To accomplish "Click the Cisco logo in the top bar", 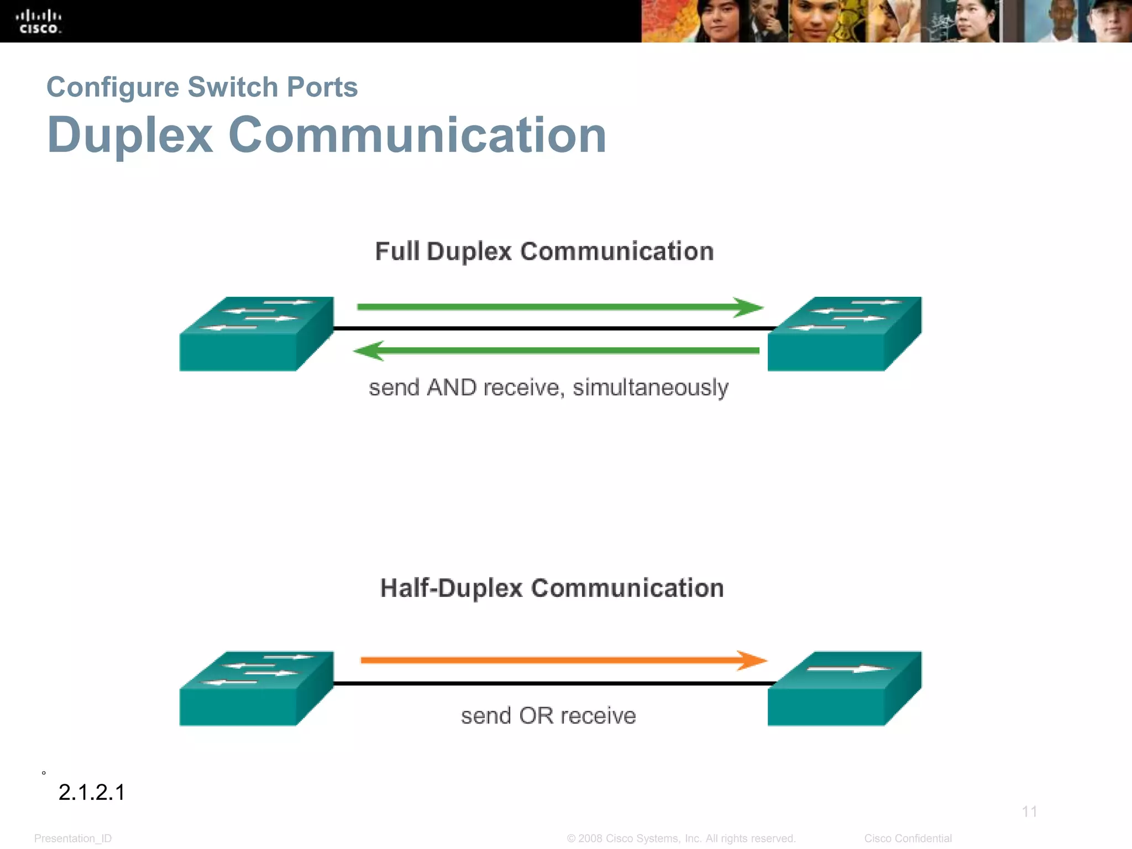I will (39, 22).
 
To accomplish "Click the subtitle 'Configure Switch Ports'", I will (202, 87).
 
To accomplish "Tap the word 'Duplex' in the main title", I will (130, 135).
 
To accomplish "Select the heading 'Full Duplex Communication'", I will (544, 251).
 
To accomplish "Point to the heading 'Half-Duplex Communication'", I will (552, 588).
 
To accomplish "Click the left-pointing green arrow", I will (555, 350).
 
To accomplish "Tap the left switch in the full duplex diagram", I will (255, 334).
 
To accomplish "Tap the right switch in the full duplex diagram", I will (843, 334).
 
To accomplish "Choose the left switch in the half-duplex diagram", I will (255, 689).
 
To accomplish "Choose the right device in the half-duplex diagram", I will (843, 689).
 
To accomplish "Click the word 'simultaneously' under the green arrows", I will (650, 388).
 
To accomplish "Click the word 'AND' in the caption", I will (452, 388).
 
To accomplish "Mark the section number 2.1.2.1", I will (92, 793).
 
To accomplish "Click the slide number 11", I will (1029, 811).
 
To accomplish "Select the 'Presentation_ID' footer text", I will (73, 838).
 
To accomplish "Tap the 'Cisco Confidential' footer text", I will (908, 838).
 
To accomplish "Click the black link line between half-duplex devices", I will (553, 684).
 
